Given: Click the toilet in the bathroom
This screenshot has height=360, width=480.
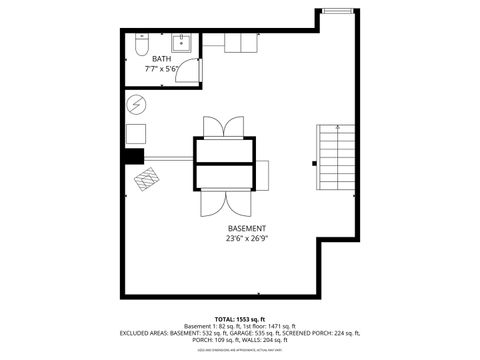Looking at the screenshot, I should (142, 46).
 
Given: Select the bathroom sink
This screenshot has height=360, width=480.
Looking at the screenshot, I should (181, 43).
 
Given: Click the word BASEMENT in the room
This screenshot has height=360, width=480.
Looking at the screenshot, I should (246, 229).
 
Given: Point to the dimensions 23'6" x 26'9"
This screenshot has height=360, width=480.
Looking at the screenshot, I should (246, 240).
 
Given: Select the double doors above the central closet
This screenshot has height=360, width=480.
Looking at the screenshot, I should (223, 128).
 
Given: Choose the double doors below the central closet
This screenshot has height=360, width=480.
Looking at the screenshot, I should (223, 203).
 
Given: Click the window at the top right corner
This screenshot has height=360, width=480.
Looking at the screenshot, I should (338, 10).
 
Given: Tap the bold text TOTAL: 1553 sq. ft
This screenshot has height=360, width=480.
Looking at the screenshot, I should (240, 317).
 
